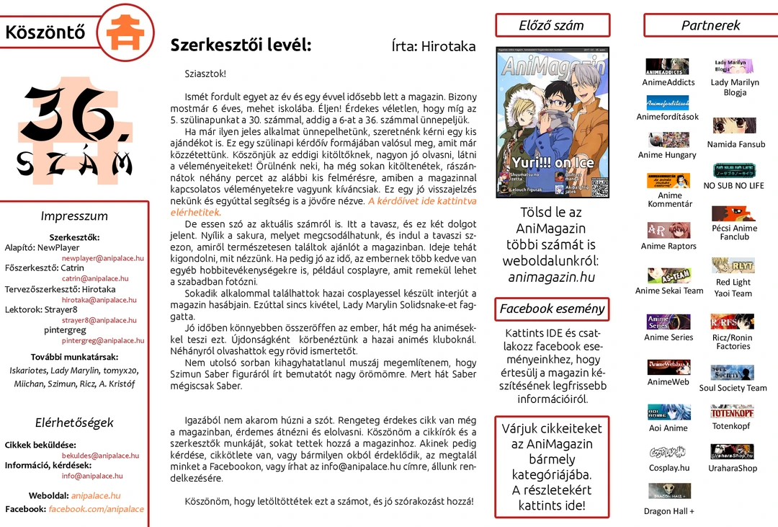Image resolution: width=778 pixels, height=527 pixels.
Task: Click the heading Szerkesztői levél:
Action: coord(241,45)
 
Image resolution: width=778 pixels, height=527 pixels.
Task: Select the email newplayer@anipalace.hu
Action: coord(102,258)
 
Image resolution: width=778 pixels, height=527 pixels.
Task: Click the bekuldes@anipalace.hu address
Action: coord(100,456)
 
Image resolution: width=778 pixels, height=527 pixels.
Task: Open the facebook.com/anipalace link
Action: coord(96,509)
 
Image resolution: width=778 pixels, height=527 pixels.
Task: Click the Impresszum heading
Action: coord(74,216)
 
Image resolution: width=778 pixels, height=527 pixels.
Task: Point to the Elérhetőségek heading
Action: coord(74,423)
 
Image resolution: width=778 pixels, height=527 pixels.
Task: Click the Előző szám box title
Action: coord(551,25)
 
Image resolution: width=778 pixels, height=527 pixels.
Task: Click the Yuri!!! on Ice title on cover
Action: coord(553,163)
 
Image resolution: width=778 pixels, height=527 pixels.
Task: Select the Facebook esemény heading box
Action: coord(552,309)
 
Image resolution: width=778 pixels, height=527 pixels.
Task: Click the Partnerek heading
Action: coord(710,25)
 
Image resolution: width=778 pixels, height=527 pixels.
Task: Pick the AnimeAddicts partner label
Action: coord(669,83)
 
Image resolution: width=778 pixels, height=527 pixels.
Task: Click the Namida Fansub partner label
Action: coord(735,145)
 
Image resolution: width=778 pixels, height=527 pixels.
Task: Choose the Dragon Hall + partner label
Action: coord(669,512)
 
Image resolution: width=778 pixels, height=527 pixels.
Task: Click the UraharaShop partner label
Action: coord(733,469)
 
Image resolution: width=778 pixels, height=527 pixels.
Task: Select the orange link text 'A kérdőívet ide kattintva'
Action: coord(422,201)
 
